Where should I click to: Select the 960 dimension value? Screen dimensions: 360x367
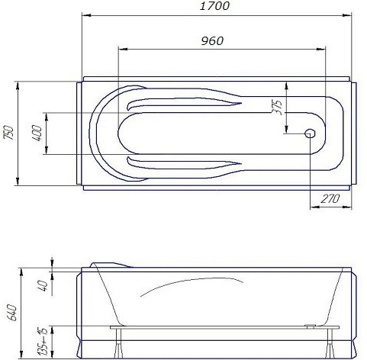(x=212, y=40)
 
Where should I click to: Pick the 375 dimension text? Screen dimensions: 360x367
(x=278, y=106)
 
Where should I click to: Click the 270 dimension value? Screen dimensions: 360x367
(x=330, y=199)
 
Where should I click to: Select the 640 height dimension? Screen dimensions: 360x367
(x=10, y=313)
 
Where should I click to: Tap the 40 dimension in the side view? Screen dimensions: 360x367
(x=43, y=286)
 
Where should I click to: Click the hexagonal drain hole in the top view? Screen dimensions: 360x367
(x=311, y=133)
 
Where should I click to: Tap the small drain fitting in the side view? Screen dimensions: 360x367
(x=311, y=326)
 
